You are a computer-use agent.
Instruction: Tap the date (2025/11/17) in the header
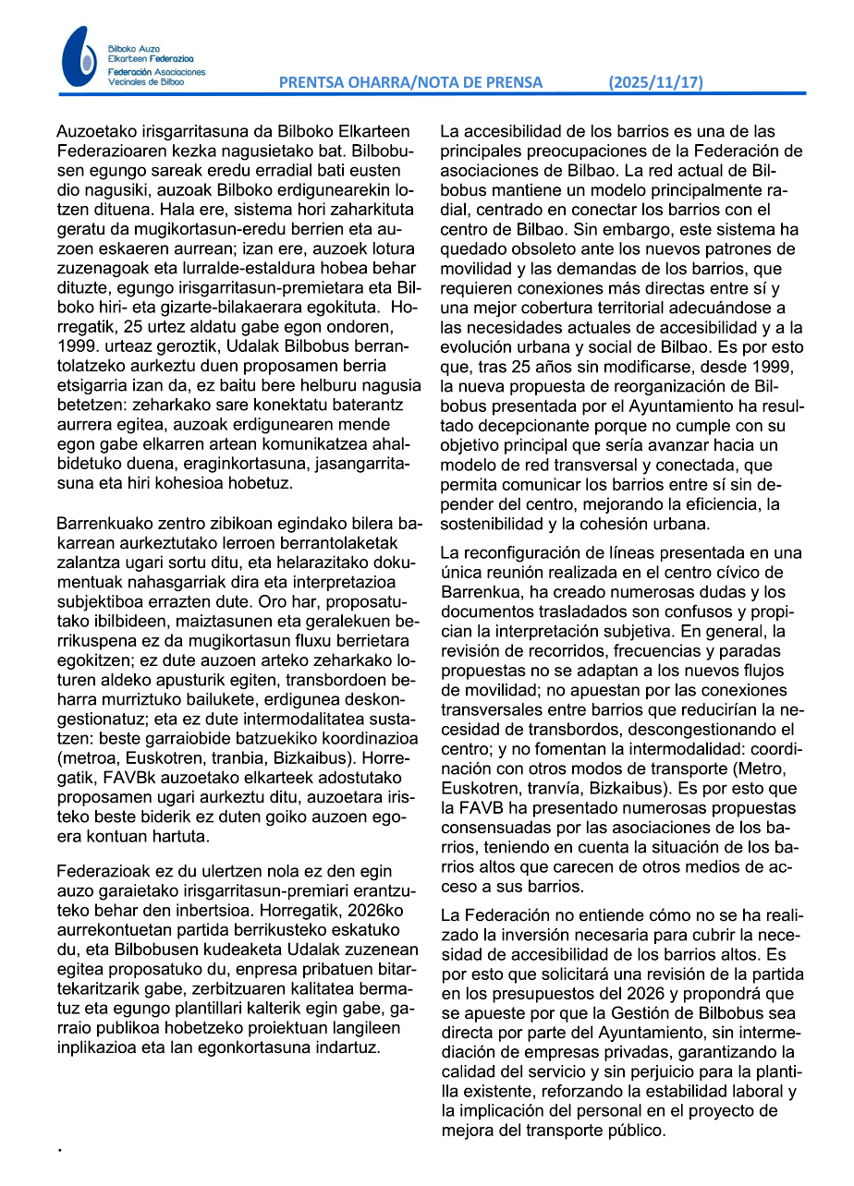click(655, 82)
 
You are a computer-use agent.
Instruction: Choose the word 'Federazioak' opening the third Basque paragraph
click(104, 871)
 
